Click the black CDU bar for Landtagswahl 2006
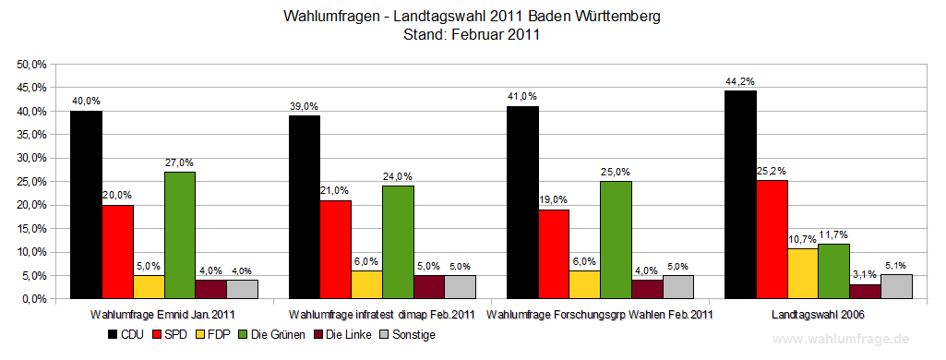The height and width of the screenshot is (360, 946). [740, 195]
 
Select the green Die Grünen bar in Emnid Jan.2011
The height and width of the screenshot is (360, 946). [180, 235]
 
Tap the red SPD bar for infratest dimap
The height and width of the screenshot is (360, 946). [336, 249]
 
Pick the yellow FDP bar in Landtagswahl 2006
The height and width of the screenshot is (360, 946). [803, 273]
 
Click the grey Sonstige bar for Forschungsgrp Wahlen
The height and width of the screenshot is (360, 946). [677, 287]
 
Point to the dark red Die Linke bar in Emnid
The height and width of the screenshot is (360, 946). [211, 289]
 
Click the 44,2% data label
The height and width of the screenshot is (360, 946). [741, 81]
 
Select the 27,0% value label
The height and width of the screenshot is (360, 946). [180, 162]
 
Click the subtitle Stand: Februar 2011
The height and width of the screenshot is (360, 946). [472, 35]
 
